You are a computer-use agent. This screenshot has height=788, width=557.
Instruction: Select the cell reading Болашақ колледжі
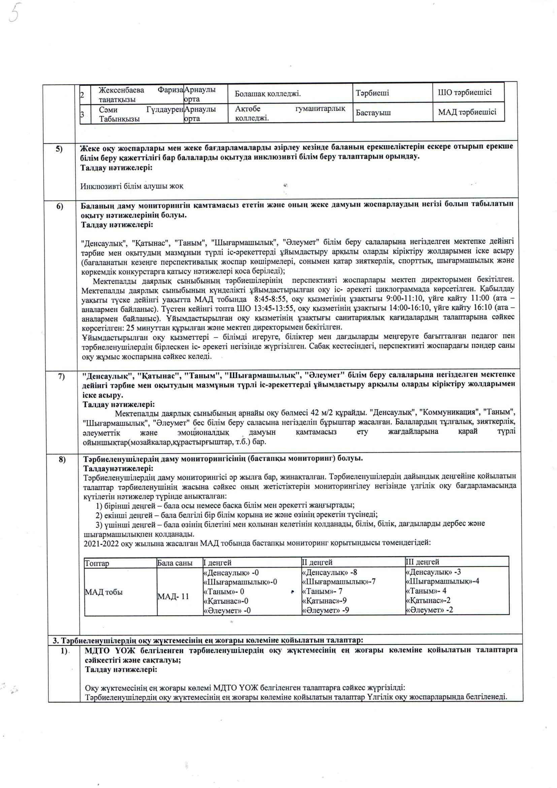(x=267, y=93)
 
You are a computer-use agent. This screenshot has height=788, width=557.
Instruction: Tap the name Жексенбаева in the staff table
(x=122, y=90)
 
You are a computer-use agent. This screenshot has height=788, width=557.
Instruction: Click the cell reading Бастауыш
(x=373, y=113)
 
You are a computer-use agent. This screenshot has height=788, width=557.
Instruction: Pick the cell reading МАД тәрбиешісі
(x=467, y=112)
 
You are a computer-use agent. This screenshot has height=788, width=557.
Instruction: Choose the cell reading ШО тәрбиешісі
(x=464, y=92)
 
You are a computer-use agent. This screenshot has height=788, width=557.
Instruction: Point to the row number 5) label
(x=59, y=149)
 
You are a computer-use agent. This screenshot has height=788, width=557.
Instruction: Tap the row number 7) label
(x=61, y=376)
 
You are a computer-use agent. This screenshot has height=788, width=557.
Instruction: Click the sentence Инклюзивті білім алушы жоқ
(x=132, y=186)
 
